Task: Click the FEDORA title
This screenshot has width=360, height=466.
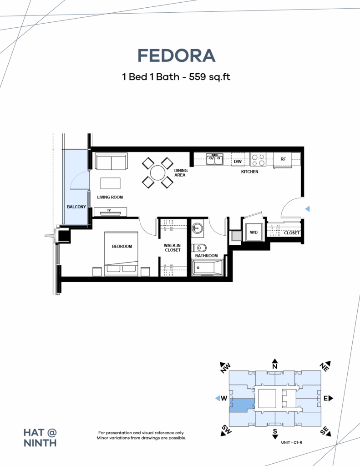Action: click(x=176, y=56)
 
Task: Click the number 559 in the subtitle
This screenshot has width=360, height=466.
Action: click(x=198, y=76)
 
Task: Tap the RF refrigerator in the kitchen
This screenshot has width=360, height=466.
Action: click(x=283, y=159)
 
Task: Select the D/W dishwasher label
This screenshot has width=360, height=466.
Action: click(x=238, y=162)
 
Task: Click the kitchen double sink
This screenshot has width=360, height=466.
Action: click(x=215, y=159)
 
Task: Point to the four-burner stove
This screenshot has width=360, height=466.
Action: click(x=258, y=160)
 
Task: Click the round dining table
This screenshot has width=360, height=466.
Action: click(x=157, y=173)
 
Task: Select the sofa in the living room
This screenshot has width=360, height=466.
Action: click(x=111, y=162)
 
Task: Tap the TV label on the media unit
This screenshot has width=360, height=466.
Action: click(x=109, y=210)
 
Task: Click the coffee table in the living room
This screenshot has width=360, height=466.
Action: click(x=110, y=183)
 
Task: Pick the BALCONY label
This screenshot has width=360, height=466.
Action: click(x=76, y=207)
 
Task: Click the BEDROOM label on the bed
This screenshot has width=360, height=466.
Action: click(x=122, y=246)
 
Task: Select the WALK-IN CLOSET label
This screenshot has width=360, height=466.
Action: click(x=172, y=248)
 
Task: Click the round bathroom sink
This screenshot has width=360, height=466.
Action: click(x=197, y=229)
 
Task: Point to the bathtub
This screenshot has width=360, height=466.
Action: click(x=207, y=268)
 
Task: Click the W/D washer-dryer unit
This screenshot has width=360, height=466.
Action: click(x=254, y=233)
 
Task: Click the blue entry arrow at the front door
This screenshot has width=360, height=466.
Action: click(x=307, y=209)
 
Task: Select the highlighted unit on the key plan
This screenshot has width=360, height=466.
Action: click(x=242, y=405)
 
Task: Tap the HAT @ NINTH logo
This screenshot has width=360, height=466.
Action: click(x=40, y=438)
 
